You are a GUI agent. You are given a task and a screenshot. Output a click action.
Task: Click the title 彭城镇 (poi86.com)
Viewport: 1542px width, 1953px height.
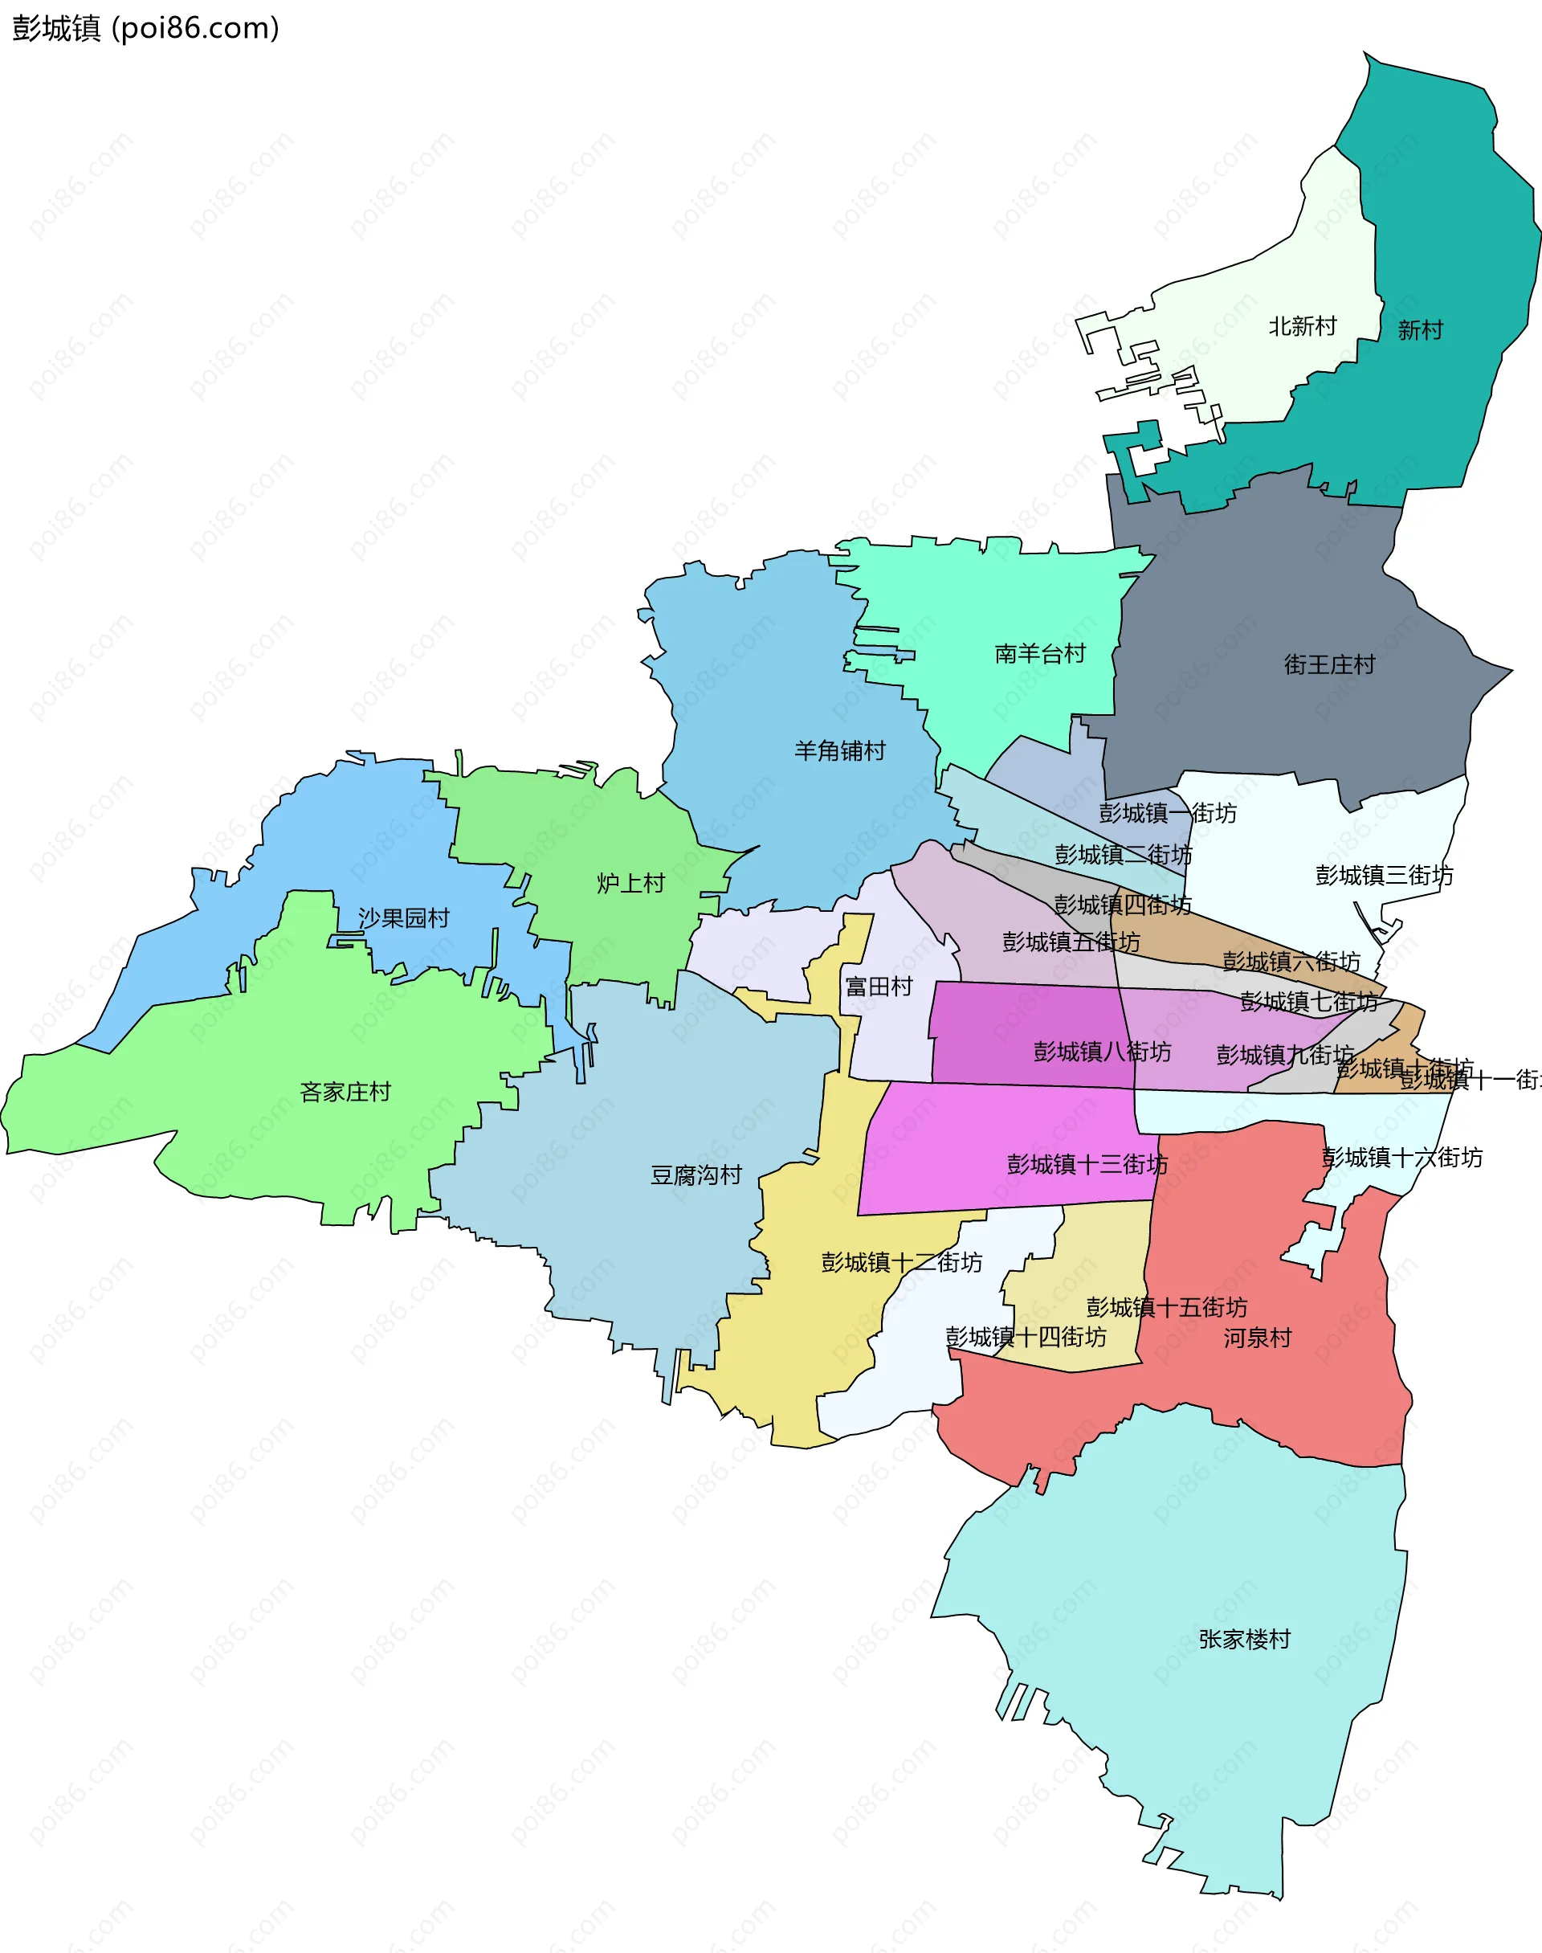pyautogui.click(x=145, y=29)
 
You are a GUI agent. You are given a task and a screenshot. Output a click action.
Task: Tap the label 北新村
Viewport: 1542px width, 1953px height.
pyautogui.click(x=1302, y=326)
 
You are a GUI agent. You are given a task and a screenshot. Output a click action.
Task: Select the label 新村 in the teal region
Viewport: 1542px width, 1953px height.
pyautogui.click(x=1420, y=329)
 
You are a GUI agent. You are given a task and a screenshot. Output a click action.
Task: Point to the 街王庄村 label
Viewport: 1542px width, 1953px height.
pyautogui.click(x=1329, y=664)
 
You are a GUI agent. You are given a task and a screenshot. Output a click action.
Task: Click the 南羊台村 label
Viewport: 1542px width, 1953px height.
pyautogui.click(x=1040, y=653)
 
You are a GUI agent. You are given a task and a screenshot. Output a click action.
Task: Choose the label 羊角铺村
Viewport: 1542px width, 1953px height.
pyautogui.click(x=839, y=750)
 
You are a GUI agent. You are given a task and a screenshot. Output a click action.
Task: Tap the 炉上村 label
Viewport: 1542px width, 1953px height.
pyautogui.click(x=630, y=883)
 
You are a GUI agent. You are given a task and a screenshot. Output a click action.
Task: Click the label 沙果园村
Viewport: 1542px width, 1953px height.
pyautogui.click(x=403, y=918)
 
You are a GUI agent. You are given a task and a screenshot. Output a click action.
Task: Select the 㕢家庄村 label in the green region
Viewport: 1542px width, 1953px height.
pyautogui.click(x=345, y=1092)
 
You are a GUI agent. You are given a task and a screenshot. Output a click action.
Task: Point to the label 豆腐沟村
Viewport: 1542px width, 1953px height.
pyautogui.click(x=696, y=1175)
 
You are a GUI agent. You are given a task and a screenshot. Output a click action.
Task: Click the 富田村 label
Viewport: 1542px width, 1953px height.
pyautogui.click(x=879, y=986)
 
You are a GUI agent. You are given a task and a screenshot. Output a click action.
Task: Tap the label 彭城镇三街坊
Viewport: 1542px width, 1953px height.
pyautogui.click(x=1384, y=875)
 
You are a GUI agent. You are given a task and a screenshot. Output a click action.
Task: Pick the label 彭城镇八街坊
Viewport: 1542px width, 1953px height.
pyautogui.click(x=1101, y=1051)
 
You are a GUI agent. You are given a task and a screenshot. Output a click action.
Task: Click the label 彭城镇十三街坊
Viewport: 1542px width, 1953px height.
pyautogui.click(x=1087, y=1164)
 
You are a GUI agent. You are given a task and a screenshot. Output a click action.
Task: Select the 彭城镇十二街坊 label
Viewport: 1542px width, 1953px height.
pyautogui.click(x=901, y=1262)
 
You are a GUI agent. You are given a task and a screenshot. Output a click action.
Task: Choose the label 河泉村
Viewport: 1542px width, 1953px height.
pyautogui.click(x=1257, y=1338)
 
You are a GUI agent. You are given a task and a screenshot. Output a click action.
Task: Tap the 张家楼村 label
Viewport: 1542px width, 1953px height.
pyautogui.click(x=1244, y=1639)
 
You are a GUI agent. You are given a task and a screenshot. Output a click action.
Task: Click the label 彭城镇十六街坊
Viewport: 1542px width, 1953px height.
pyautogui.click(x=1401, y=1158)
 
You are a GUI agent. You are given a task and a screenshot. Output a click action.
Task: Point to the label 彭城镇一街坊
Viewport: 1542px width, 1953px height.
pyautogui.click(x=1167, y=813)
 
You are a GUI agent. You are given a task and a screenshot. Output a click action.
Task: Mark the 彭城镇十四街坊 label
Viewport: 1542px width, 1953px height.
pyautogui.click(x=1026, y=1336)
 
